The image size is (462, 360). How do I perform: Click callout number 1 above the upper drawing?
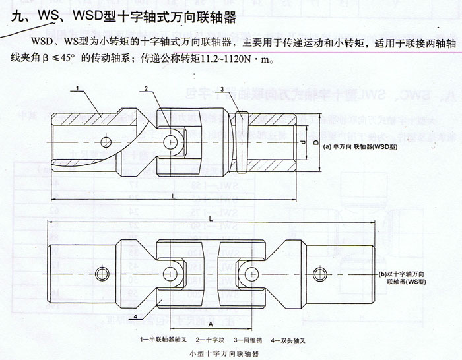coord(77,88)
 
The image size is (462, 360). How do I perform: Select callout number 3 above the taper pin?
coord(222,89)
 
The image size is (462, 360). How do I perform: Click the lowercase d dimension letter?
coord(302,142)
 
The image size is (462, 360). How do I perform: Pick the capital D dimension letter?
coord(316,142)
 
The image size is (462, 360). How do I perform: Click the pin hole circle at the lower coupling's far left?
coord(101,274)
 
